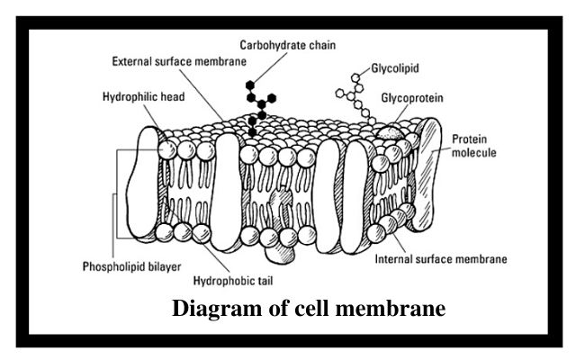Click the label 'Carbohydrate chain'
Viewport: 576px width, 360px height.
coord(288,45)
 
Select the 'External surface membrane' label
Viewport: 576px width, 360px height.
coord(179,61)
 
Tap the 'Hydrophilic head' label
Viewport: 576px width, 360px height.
coord(144,97)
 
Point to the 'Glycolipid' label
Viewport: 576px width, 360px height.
coord(395,68)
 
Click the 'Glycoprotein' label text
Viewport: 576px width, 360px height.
coord(412,98)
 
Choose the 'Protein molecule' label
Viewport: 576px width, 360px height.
coord(474,146)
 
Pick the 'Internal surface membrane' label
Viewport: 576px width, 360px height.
coord(441,259)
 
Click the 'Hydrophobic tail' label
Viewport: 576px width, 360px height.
coord(233,281)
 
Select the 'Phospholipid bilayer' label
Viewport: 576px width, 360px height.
coord(132,266)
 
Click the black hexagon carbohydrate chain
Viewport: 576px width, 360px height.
coord(259,108)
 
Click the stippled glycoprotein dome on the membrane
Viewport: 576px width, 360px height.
coord(390,133)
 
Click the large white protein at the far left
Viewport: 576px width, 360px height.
coord(144,182)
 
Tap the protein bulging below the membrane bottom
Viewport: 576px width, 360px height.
coord(279,253)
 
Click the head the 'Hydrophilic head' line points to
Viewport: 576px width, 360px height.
coord(167,150)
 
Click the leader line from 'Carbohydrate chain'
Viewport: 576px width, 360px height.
coord(270,67)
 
